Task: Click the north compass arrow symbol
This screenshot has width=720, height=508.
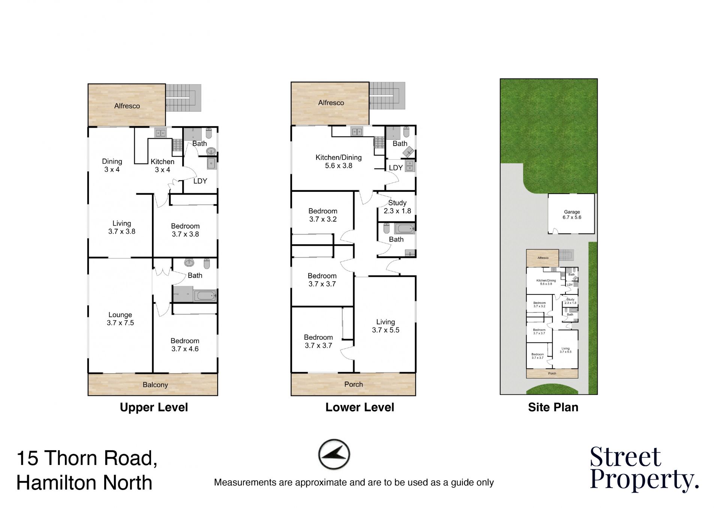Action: click(x=334, y=454)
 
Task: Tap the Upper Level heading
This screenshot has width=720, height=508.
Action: click(x=154, y=407)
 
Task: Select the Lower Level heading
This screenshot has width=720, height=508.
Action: click(x=360, y=407)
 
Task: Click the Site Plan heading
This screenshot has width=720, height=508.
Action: click(x=553, y=407)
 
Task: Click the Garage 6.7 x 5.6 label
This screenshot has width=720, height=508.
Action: click(x=572, y=214)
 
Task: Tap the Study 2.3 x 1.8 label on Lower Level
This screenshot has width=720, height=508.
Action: click(x=397, y=207)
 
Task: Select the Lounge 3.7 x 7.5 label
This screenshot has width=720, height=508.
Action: click(x=120, y=319)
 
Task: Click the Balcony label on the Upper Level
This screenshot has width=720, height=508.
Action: click(x=155, y=385)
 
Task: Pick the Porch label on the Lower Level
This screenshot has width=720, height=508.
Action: click(x=354, y=384)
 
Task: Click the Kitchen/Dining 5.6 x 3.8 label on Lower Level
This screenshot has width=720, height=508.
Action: click(x=339, y=161)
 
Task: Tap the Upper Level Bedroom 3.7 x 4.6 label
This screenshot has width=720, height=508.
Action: click(x=185, y=345)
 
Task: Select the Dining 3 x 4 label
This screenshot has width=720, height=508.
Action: click(x=112, y=165)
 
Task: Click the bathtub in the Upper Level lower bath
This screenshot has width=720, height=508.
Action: click(x=205, y=296)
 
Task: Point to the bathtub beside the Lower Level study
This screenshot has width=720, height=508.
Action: click(x=404, y=228)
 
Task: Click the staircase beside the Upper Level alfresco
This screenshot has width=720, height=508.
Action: click(x=183, y=98)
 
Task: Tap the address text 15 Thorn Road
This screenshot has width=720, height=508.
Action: click(x=87, y=458)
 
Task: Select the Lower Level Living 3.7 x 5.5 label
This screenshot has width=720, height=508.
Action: click(x=385, y=326)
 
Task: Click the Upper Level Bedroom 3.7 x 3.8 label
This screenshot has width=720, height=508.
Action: click(x=185, y=230)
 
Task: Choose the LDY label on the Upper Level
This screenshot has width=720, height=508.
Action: click(x=200, y=181)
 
